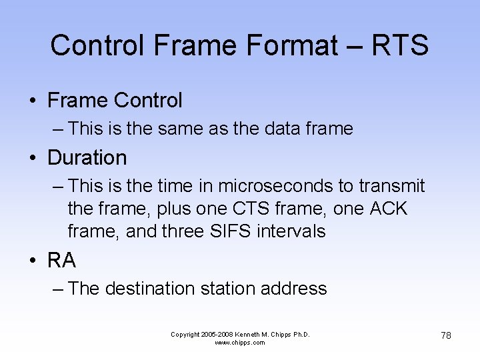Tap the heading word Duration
click(x=87, y=158)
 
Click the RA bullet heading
click(x=61, y=261)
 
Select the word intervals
click(x=293, y=231)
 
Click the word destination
click(x=148, y=289)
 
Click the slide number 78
click(x=445, y=335)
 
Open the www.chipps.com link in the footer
click(x=239, y=343)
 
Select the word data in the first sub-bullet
click(x=284, y=129)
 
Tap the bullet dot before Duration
click(x=32, y=159)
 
